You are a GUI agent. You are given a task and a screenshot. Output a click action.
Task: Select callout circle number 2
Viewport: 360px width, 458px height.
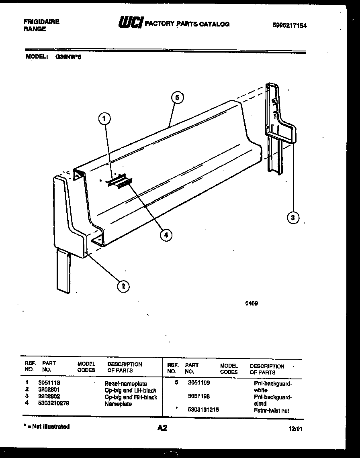[123, 285]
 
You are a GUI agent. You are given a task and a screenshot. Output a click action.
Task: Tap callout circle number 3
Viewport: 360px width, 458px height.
[293, 218]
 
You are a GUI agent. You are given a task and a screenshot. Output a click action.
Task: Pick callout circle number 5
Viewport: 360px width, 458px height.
[177, 97]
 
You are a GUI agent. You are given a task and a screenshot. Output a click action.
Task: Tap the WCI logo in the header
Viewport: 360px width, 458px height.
[130, 23]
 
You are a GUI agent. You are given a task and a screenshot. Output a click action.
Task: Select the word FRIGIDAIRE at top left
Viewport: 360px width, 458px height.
[41, 22]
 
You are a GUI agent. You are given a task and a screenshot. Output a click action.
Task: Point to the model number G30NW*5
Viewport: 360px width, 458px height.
[68, 57]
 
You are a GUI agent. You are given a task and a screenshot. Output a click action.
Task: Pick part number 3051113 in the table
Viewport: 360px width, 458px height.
[49, 383]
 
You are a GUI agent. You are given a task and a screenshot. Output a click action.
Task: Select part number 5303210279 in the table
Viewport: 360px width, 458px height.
[53, 403]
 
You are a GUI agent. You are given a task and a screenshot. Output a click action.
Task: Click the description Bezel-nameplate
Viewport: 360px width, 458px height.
[126, 384]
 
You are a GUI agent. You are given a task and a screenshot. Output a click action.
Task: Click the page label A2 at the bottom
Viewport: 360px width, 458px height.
[162, 428]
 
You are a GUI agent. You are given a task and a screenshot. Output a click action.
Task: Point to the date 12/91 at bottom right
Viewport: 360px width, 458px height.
[295, 429]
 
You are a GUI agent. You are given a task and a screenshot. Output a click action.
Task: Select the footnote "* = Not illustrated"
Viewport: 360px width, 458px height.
[46, 427]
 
